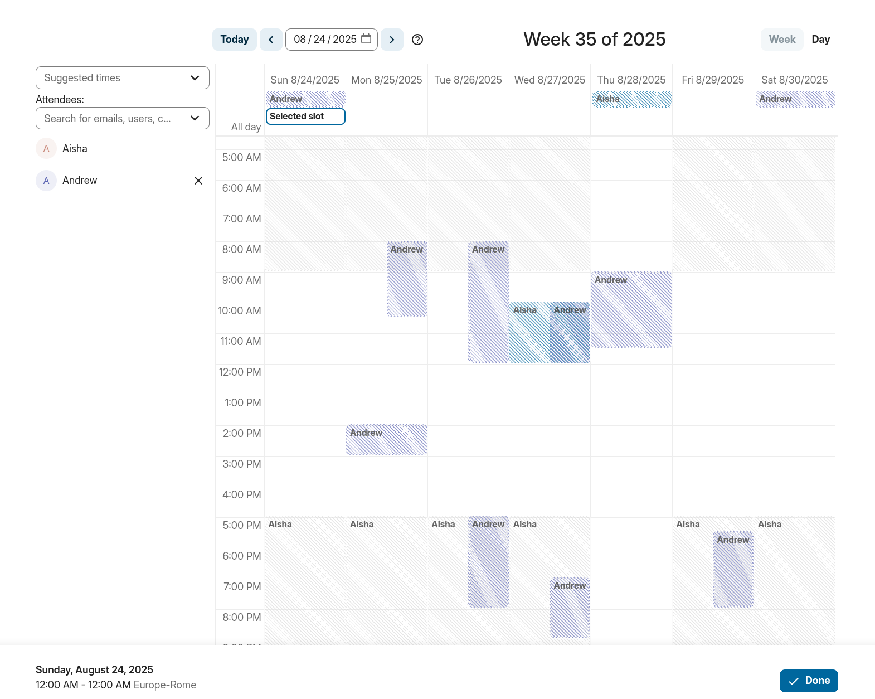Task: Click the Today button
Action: (x=234, y=40)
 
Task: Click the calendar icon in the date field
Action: (x=366, y=39)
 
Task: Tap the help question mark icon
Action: (x=417, y=40)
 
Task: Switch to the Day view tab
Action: (x=820, y=40)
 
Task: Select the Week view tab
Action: (x=782, y=40)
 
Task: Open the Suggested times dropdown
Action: (x=122, y=78)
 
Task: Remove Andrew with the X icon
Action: (x=198, y=181)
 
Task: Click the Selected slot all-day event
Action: (x=305, y=116)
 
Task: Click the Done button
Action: (x=808, y=681)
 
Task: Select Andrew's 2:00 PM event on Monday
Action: (x=386, y=440)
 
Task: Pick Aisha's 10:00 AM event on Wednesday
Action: (x=529, y=333)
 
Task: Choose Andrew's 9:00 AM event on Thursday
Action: (x=631, y=310)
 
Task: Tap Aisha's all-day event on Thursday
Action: (x=631, y=99)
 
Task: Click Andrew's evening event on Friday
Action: (x=733, y=570)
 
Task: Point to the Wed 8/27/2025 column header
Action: (x=550, y=80)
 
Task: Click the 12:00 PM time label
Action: (x=240, y=372)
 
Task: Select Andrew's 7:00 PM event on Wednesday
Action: (x=570, y=608)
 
